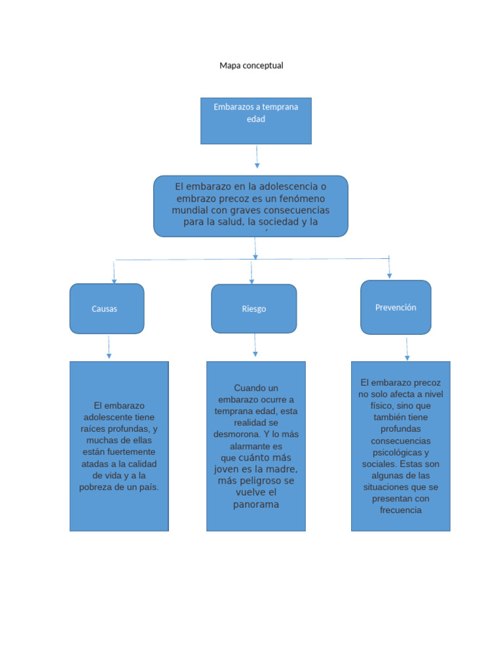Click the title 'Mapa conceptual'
point(251,66)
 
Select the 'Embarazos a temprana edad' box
point(255,121)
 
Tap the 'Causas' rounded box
point(106,309)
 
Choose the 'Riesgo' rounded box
point(253,309)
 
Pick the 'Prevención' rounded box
point(396,307)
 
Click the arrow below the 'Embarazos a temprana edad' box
point(257,157)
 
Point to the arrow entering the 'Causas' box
point(114,272)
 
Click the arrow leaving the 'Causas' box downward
point(109,347)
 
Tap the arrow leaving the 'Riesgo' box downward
point(255,345)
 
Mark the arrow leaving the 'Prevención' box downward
point(407,349)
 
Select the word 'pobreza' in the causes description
point(94,488)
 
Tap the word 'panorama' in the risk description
point(256,505)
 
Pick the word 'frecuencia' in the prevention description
point(400,510)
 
